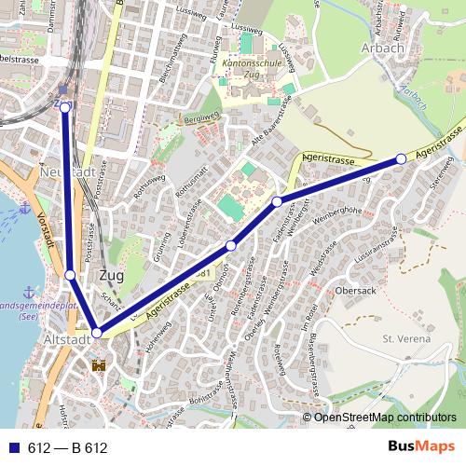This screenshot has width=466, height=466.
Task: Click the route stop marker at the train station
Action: (65, 107)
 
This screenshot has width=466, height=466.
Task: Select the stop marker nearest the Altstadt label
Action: (97, 332)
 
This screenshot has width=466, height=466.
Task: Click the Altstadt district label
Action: (67, 341)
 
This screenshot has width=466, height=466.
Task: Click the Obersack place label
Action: (357, 289)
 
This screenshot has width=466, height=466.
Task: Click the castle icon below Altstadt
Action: (100, 363)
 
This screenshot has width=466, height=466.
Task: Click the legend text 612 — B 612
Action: (68, 448)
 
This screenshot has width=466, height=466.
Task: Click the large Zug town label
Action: (111, 276)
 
